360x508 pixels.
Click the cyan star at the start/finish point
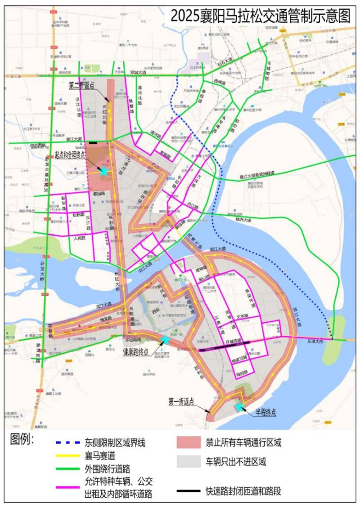click(103, 171)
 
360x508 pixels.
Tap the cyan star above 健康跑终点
click(165, 340)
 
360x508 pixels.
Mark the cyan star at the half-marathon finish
click(239, 407)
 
